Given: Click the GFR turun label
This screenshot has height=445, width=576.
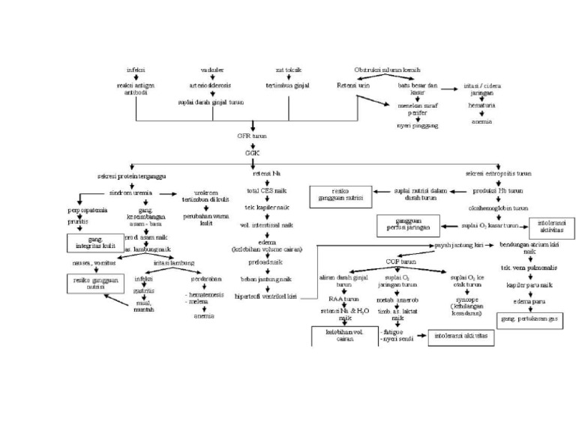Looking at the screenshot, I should (x=252, y=137).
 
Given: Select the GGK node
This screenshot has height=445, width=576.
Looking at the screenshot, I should (x=252, y=152).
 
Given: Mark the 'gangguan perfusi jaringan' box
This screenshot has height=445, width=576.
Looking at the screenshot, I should (x=409, y=224).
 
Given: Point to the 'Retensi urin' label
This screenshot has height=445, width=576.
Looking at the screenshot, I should (x=352, y=86).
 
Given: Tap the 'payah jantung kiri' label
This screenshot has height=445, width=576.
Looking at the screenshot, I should (x=457, y=245).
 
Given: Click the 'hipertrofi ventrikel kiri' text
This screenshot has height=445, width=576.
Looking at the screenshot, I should (x=266, y=297).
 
